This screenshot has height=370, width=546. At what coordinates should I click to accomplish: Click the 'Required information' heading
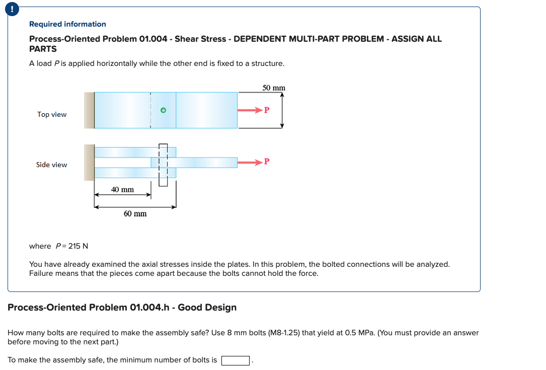point(67,24)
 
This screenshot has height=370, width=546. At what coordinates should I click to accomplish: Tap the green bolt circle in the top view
point(163,110)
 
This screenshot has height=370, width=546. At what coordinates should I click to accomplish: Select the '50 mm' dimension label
point(274,88)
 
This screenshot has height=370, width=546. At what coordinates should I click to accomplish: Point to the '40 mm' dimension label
point(122,189)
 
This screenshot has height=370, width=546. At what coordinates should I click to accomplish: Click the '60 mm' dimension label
point(135,213)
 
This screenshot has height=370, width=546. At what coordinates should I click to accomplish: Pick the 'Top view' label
point(52,114)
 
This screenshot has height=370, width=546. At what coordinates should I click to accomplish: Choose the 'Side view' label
point(51,165)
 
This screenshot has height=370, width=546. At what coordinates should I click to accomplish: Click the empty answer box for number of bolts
point(236,360)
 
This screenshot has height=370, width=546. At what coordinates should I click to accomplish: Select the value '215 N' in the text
point(78,246)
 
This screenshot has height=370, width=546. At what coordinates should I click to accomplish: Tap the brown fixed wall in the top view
point(89,110)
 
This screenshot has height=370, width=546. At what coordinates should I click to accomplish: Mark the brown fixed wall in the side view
point(89,162)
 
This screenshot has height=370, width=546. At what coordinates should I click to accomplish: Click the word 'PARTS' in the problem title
point(43,49)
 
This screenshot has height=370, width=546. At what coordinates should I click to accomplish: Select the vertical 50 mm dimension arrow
point(282,110)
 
